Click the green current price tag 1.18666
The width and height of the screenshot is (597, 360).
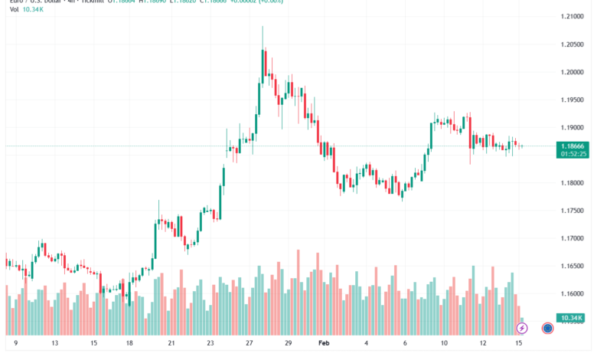tap(573, 146)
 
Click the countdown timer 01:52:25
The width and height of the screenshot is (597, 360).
tap(573, 154)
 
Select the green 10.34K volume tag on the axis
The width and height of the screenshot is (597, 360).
tap(573, 318)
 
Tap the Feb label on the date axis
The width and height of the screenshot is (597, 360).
tap(325, 345)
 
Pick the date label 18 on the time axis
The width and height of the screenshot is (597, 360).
tap(129, 345)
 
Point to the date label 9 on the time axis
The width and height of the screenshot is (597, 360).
tap(15, 345)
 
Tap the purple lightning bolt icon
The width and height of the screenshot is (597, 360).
tap(522, 329)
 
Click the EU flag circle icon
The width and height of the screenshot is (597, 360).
tap(548, 329)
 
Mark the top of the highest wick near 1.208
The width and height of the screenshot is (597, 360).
tap(263, 26)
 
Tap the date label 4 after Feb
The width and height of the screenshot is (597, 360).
tap(367, 345)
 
